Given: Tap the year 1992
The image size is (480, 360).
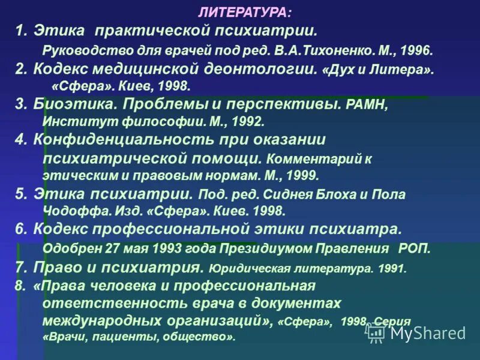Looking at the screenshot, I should click(245, 121).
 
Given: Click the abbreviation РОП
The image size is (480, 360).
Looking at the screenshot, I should click(414, 248).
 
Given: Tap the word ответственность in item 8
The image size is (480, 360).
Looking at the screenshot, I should click(100, 303).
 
